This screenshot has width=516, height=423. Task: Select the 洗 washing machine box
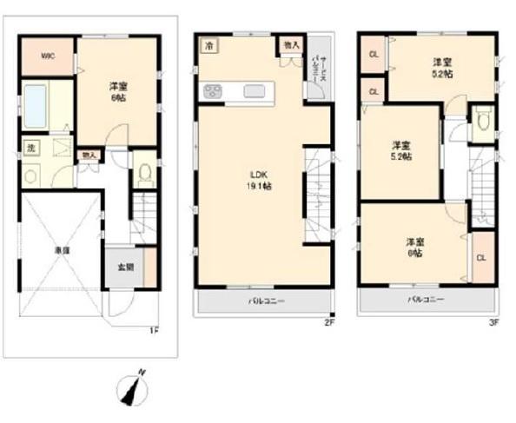coord(30,148)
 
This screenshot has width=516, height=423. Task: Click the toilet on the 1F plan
coord(145,171)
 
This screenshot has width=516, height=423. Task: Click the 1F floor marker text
coord(153,328)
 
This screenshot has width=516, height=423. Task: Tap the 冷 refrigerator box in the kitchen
coord(208,46)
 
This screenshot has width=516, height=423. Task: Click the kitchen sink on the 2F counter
coord(255,90)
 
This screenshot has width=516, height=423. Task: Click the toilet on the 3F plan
coord(482,122)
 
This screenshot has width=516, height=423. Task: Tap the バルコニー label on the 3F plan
coord(427,299)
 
